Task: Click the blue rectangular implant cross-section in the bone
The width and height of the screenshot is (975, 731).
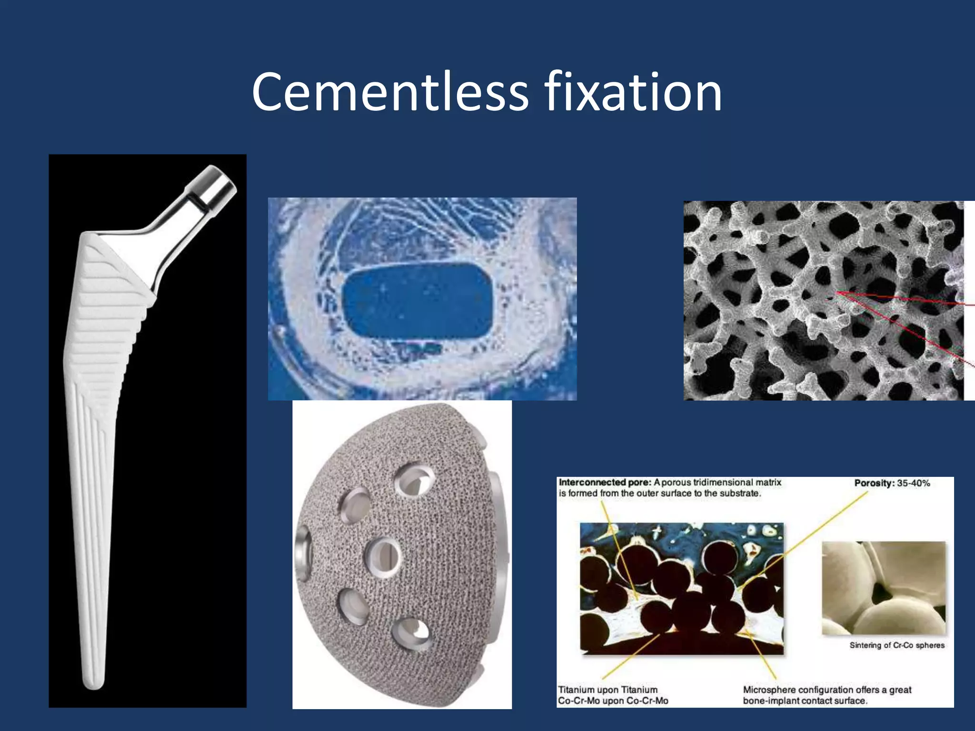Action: tap(418, 301)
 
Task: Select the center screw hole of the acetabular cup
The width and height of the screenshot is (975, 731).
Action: tap(383, 557)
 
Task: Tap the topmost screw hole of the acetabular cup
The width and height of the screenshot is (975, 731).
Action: tap(415, 481)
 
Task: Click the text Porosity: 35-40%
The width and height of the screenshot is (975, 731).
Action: tap(892, 483)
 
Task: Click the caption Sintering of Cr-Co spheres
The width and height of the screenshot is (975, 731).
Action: tap(897, 645)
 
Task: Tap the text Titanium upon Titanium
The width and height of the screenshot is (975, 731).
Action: tap(607, 690)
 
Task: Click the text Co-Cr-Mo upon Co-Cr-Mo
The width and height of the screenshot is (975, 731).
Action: tap(613, 701)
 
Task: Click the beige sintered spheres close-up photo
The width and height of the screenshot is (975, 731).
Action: tap(884, 588)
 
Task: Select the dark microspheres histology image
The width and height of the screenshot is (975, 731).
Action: tap(681, 588)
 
